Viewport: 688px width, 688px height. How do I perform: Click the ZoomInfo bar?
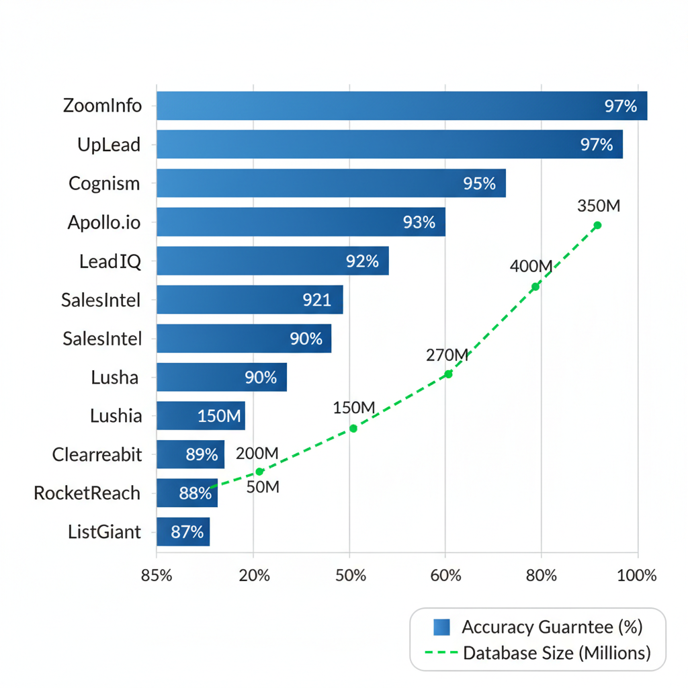(x=401, y=106)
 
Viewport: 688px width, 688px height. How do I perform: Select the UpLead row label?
(x=109, y=144)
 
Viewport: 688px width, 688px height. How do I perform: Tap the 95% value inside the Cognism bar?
(x=479, y=183)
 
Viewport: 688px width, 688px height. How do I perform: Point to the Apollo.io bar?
(x=301, y=222)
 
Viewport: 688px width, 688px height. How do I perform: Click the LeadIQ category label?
(x=110, y=261)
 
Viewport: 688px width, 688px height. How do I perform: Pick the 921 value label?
(x=316, y=300)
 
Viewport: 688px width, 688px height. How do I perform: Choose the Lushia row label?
(x=116, y=416)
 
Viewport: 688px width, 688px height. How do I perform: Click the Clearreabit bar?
(x=190, y=454)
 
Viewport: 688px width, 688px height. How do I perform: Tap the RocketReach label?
(x=87, y=493)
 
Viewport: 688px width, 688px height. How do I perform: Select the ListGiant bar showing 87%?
(x=183, y=532)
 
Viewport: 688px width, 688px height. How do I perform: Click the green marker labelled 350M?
(x=597, y=225)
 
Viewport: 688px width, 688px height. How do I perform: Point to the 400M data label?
(x=531, y=266)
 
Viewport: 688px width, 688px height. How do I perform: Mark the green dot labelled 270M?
(x=448, y=374)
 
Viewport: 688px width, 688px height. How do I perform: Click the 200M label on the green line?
(x=257, y=454)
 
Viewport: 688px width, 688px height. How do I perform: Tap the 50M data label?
(x=263, y=487)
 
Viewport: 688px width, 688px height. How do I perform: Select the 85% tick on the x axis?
(x=157, y=576)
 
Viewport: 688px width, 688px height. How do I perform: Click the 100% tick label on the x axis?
(x=637, y=576)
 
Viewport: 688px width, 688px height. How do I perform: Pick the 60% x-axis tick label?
(x=445, y=576)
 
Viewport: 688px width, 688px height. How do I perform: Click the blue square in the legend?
(x=441, y=627)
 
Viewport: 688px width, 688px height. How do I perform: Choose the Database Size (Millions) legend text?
(x=556, y=652)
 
